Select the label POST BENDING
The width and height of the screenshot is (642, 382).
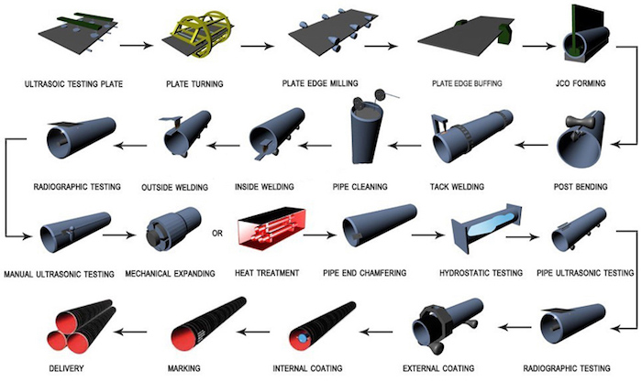590,182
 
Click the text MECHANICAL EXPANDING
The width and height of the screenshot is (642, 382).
172,273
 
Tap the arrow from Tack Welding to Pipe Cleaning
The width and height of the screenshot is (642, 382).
408,143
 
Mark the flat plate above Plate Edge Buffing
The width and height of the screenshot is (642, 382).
459,38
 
